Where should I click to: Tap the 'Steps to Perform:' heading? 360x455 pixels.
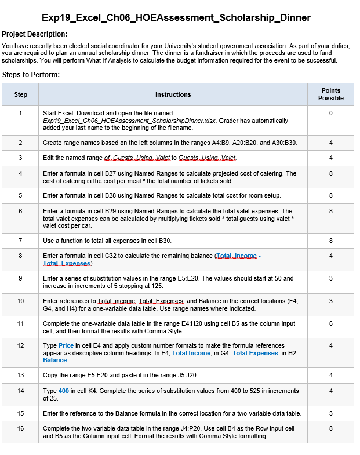31,74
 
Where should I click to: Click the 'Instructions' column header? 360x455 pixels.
173,94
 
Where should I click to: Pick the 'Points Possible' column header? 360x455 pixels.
330,94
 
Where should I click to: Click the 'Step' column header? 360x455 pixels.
20,94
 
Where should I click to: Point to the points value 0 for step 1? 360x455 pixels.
330,113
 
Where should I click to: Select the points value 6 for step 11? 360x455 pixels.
330,323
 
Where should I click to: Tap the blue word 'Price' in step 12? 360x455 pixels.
66,345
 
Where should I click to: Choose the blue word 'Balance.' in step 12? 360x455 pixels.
55,360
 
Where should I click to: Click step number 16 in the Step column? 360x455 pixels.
20,429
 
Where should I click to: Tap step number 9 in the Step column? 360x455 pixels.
20,278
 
